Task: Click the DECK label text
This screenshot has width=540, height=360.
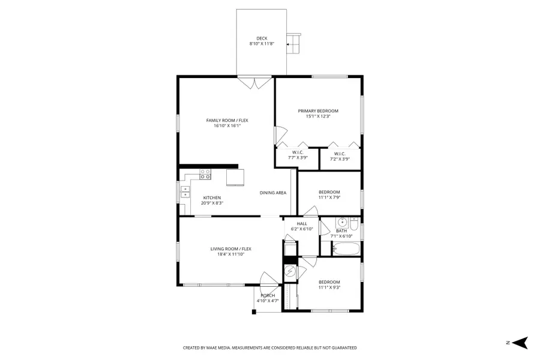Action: pyautogui.click(x=262, y=38)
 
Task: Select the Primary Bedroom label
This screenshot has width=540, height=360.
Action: pyautogui.click(x=318, y=111)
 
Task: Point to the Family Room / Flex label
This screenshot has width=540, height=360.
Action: pyautogui.click(x=227, y=120)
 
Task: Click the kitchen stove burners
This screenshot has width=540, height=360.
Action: pyautogui.click(x=205, y=174)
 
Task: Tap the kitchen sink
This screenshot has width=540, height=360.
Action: pyautogui.click(x=185, y=191)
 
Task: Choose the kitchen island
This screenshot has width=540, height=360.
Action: pyautogui.click(x=235, y=177)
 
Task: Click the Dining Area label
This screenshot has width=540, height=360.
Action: pyautogui.click(x=273, y=193)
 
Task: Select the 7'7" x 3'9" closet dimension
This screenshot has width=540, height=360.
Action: pyautogui.click(x=298, y=158)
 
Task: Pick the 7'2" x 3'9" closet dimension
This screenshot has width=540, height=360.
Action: pyautogui.click(x=340, y=159)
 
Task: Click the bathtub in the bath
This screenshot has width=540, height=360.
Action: pyautogui.click(x=346, y=249)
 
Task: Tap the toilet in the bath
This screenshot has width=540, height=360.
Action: pyautogui.click(x=354, y=224)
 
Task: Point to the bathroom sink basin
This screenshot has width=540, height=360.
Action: pyautogui.click(x=342, y=222)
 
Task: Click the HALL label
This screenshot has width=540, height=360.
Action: pyautogui.click(x=302, y=224)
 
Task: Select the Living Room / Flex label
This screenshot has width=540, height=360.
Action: pyautogui.click(x=231, y=249)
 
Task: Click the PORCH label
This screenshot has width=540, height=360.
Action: pyautogui.click(x=268, y=296)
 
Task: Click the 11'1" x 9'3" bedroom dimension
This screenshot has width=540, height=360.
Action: pyautogui.click(x=329, y=287)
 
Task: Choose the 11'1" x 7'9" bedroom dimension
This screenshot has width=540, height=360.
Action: pyautogui.click(x=329, y=197)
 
